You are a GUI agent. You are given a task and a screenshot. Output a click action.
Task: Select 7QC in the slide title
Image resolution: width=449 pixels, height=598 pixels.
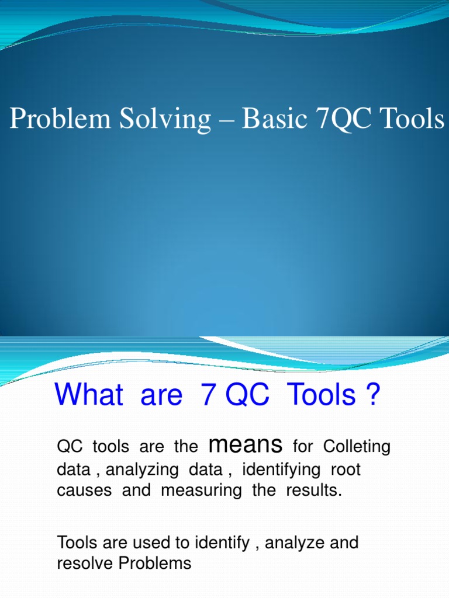(345, 119)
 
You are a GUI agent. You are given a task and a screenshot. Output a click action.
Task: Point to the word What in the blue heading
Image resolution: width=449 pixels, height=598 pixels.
(88, 395)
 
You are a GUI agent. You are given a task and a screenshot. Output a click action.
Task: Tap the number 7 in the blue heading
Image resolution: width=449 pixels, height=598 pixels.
(207, 395)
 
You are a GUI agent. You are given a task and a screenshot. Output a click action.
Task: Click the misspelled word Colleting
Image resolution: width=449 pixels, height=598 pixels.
(357, 447)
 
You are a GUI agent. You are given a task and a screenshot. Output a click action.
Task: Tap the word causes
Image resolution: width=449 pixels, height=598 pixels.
(84, 491)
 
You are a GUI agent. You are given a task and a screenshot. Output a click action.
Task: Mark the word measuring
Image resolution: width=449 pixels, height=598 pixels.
(201, 491)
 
